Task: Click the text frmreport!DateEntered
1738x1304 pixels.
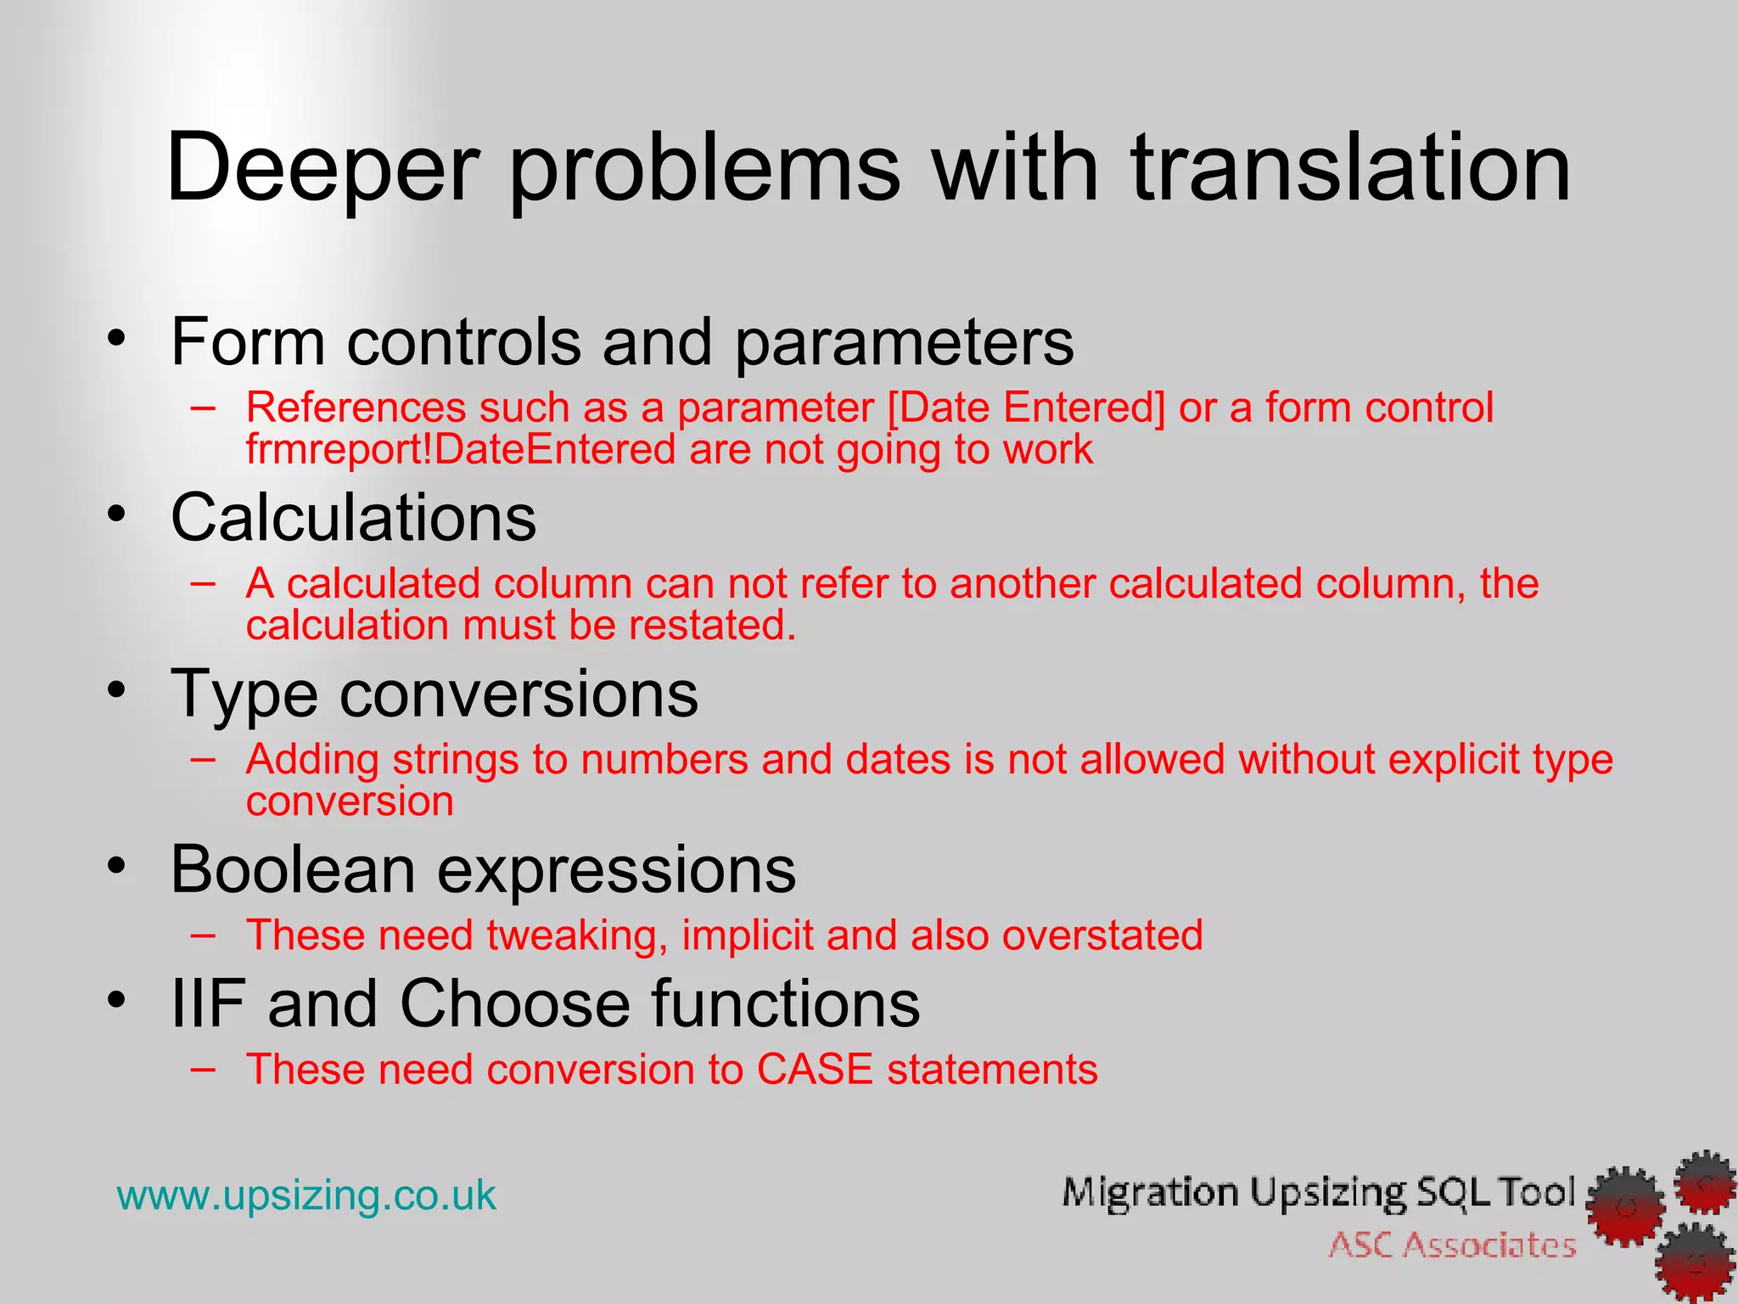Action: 461,450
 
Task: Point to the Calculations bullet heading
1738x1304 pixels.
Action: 354,517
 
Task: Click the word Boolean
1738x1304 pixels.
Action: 293,869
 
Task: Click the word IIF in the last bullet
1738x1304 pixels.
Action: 208,1003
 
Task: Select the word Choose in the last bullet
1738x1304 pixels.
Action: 515,1003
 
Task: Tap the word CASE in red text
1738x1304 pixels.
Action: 815,1069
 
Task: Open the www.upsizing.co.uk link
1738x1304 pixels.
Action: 306,1195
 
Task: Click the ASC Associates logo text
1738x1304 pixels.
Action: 1452,1245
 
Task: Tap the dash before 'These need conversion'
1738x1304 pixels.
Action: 203,1069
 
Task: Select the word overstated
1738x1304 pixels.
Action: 1102,936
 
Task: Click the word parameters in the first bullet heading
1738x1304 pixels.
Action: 905,342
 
